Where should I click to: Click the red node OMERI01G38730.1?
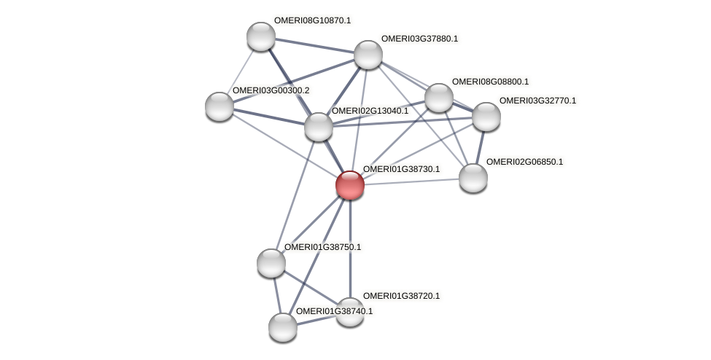click(x=350, y=185)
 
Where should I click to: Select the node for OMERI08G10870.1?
click(x=260, y=36)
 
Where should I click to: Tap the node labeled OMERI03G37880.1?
click(x=368, y=55)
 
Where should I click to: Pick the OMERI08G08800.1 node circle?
click(x=438, y=98)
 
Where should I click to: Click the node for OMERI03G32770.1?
click(x=486, y=116)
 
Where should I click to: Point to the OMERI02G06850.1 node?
click(x=473, y=178)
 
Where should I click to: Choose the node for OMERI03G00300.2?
click(x=219, y=106)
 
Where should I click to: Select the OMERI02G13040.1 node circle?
click(x=318, y=127)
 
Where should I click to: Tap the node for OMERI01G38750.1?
click(x=271, y=263)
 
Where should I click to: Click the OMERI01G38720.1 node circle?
click(x=350, y=312)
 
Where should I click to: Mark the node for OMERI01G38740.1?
click(x=283, y=327)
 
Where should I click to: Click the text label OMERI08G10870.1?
click(x=312, y=20)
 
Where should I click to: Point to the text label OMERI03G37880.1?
click(x=419, y=38)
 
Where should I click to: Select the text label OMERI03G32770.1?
click(x=537, y=101)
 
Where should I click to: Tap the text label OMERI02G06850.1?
click(x=524, y=162)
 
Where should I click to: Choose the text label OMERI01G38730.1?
click(x=401, y=169)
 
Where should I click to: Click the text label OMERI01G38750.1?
click(x=322, y=247)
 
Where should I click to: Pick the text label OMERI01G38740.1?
click(x=334, y=311)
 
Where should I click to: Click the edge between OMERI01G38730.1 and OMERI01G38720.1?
click(x=350, y=248)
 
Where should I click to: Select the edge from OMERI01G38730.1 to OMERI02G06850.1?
click(x=412, y=181)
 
